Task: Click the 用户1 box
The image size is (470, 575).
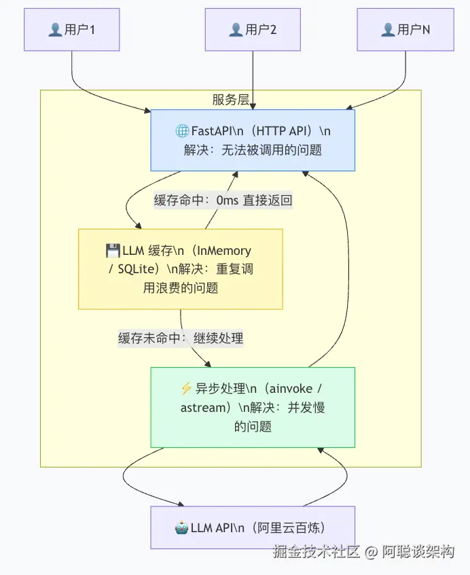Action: click(x=72, y=30)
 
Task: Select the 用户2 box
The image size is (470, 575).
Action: click(x=253, y=30)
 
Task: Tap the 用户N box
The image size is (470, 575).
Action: click(x=405, y=30)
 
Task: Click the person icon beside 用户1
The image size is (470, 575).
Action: click(x=55, y=30)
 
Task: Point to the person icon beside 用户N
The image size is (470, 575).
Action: click(x=388, y=30)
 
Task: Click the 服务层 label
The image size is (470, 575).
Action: click(x=231, y=99)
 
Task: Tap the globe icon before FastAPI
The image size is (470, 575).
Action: click(x=182, y=131)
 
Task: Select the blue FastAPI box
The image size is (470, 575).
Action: click(x=253, y=141)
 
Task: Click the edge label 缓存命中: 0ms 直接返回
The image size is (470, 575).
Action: click(x=223, y=201)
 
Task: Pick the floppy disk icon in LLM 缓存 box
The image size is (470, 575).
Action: click(x=113, y=251)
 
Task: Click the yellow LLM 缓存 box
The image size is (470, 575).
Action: click(x=181, y=269)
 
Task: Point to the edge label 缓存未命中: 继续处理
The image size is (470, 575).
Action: click(x=181, y=338)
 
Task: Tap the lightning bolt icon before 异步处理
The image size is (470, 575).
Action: click(x=186, y=388)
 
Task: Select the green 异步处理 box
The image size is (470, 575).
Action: click(x=253, y=407)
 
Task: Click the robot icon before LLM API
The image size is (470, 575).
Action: click(x=182, y=528)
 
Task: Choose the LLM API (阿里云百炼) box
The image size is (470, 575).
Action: click(x=253, y=527)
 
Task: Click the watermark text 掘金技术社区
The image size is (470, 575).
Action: click(x=316, y=551)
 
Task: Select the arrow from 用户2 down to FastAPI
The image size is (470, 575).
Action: click(x=253, y=80)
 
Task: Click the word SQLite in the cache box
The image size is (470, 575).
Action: click(x=136, y=269)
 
